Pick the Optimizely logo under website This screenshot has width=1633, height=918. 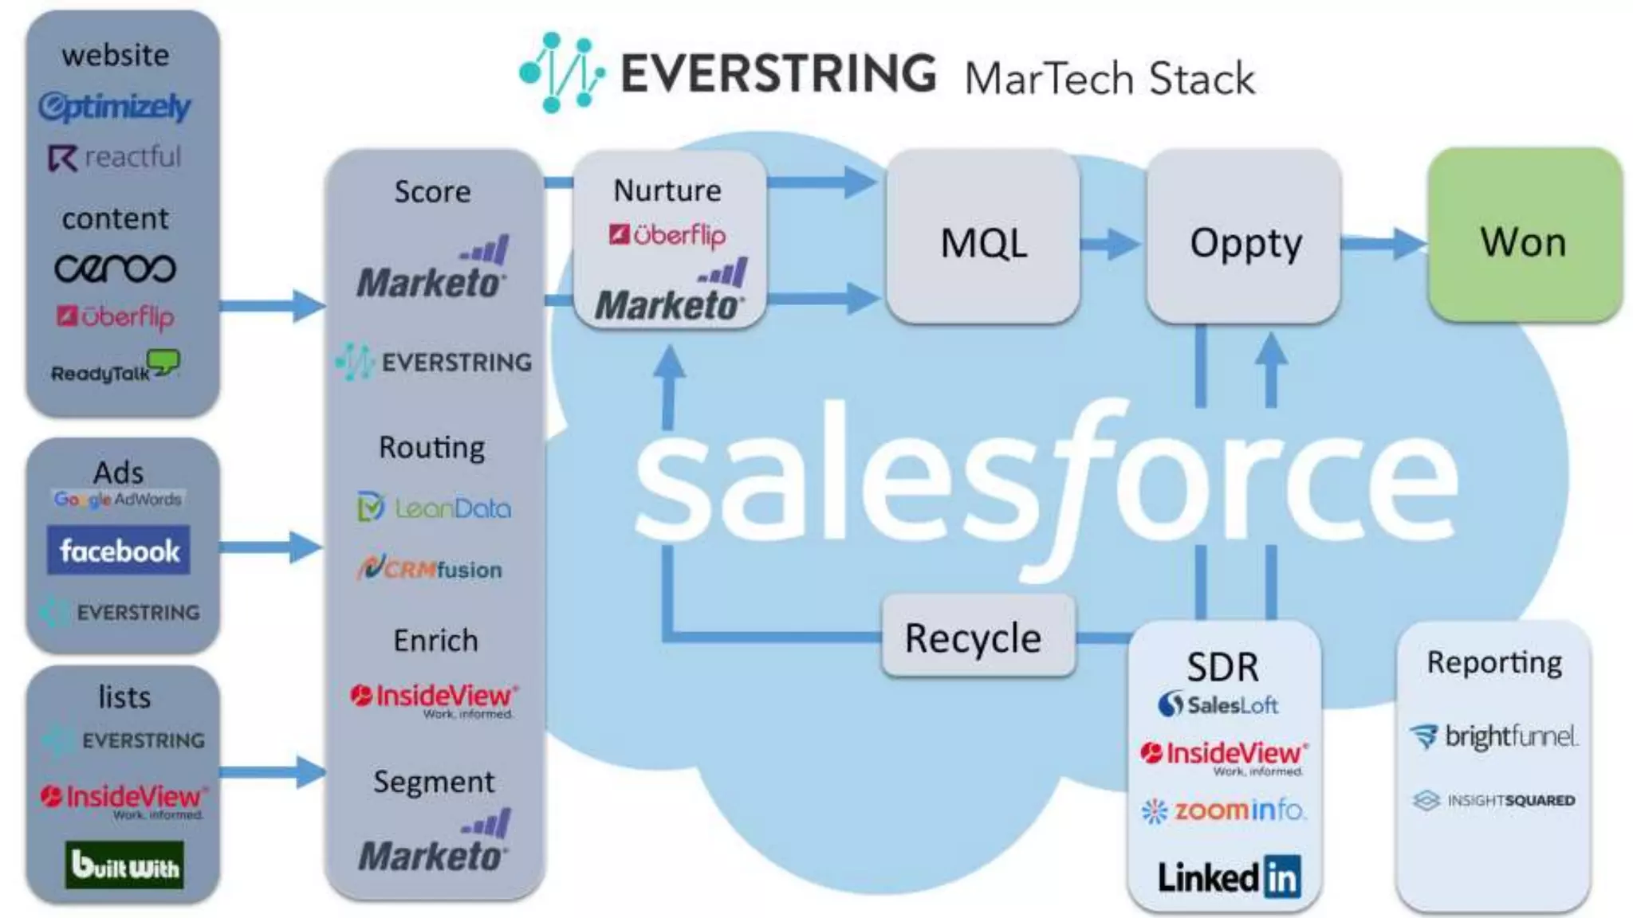pyautogui.click(x=115, y=106)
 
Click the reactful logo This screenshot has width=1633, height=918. pyautogui.click(x=115, y=157)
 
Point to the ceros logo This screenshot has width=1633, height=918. pyautogui.click(x=115, y=269)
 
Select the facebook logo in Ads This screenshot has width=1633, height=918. pyautogui.click(x=118, y=550)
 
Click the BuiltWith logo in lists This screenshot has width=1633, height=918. pyautogui.click(x=124, y=865)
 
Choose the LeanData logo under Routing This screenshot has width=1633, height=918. pyautogui.click(x=435, y=508)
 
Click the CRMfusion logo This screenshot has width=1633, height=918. pyautogui.click(x=431, y=568)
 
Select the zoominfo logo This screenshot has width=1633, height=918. pyautogui.click(x=1223, y=810)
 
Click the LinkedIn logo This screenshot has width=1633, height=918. pyautogui.click(x=1229, y=877)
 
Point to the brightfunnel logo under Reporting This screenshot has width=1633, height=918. pyautogui.click(x=1493, y=736)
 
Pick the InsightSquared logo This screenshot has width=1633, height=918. pyautogui.click(x=1493, y=800)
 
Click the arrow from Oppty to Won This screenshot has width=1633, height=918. pyautogui.click(x=1383, y=243)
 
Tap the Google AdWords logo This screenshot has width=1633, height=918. pyautogui.click(x=118, y=500)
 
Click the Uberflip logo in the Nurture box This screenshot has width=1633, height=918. pyautogui.click(x=667, y=234)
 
